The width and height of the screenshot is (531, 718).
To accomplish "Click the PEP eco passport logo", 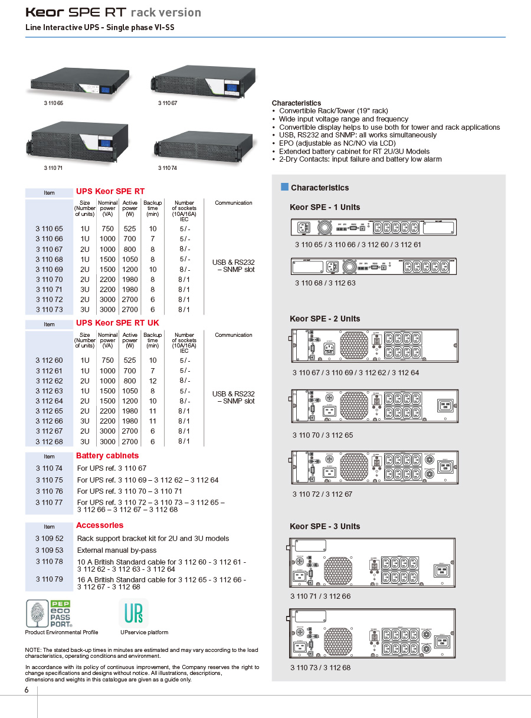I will click(x=48, y=614).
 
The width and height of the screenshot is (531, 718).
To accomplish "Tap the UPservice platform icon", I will click(x=133, y=613).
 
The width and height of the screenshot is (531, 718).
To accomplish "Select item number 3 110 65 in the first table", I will click(x=49, y=228).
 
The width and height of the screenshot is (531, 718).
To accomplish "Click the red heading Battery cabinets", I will click(x=107, y=455).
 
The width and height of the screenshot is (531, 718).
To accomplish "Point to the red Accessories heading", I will click(x=100, y=525).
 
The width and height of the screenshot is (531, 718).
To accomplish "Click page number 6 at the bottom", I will click(x=27, y=691).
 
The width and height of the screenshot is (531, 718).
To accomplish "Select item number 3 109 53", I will click(x=49, y=549).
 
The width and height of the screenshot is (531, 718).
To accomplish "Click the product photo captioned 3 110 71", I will click(x=78, y=142).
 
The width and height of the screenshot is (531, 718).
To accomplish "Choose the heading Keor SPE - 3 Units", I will click(x=324, y=526).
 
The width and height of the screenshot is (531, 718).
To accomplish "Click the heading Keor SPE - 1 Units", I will click(x=324, y=207).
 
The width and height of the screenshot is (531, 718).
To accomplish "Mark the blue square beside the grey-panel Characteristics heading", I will click(x=284, y=187).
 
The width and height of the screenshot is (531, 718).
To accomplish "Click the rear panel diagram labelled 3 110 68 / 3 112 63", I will click(x=374, y=267).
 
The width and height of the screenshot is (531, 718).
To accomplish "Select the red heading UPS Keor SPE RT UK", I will click(x=117, y=323).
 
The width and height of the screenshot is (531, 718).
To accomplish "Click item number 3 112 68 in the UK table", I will click(x=49, y=441).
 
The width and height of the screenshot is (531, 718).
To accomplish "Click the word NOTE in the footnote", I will click(x=34, y=650).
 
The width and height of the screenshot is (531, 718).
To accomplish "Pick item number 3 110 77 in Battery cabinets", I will click(x=49, y=502).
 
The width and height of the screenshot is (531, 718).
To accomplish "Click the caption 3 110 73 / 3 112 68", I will click(x=320, y=667).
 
